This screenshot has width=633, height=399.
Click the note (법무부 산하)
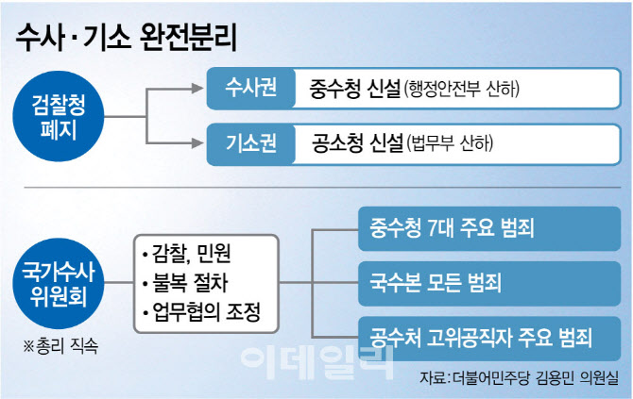451,145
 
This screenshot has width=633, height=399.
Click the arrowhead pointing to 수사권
200,91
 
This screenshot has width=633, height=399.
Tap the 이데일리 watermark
316,362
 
